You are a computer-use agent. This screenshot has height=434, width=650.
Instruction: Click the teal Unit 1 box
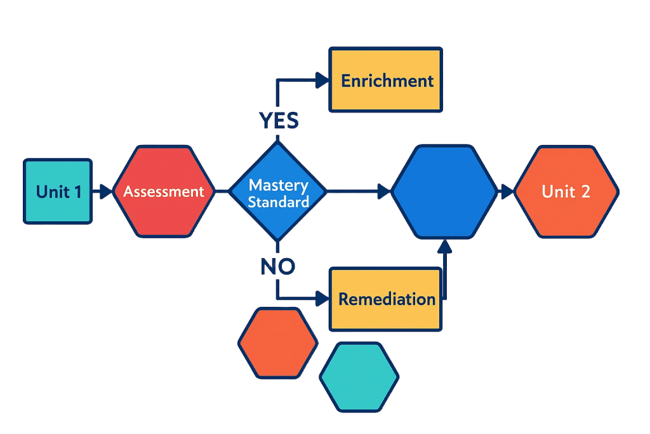tap(58, 191)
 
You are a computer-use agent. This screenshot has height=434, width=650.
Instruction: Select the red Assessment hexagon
tap(164, 191)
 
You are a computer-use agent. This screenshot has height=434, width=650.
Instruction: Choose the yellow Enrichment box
tap(386, 80)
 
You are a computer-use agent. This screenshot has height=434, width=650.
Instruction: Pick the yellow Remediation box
tap(386, 299)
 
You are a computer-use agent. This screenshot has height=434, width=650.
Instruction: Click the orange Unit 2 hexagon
tap(566, 191)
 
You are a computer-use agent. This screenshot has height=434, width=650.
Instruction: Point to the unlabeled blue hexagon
tap(444, 191)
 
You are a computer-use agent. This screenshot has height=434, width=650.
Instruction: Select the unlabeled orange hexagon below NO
tap(277, 343)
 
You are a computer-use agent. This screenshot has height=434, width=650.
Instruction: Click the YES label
tap(278, 119)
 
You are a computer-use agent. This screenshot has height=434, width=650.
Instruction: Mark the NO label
tap(277, 266)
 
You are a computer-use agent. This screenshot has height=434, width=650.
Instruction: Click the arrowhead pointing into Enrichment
tap(323, 80)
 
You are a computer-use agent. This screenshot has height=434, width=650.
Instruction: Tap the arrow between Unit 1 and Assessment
tap(102, 190)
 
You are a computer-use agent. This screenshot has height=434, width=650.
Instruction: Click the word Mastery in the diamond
tap(278, 186)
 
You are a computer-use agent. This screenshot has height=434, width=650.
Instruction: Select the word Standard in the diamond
tap(278, 202)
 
